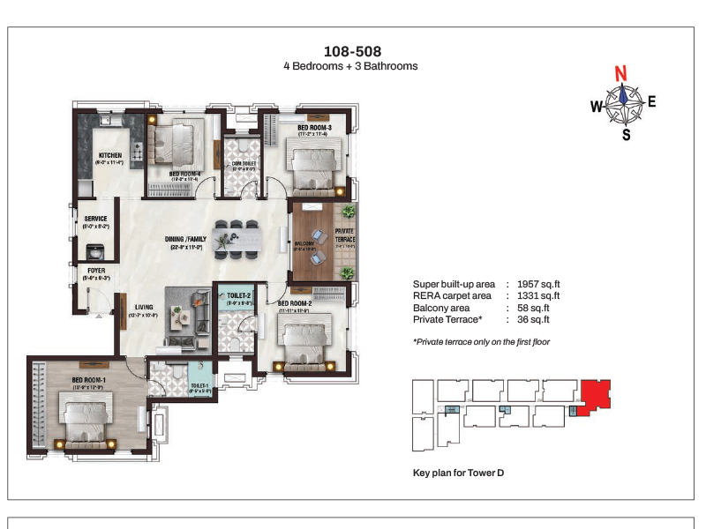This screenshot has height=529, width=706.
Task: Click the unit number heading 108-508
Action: tap(352, 51)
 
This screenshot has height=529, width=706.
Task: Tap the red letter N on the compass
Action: tap(621, 72)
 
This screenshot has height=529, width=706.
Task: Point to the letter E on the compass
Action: tap(652, 101)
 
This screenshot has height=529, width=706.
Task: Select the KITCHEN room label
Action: tap(110, 156)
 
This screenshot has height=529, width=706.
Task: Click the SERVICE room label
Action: tap(95, 219)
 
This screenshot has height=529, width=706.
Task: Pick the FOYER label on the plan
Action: tap(95, 271)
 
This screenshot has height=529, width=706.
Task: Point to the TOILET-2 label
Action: tap(238, 295)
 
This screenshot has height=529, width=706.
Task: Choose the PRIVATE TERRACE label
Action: tap(344, 234)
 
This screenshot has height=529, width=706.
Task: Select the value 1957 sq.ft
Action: tap(536, 285)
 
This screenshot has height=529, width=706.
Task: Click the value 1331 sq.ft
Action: tap(536, 296)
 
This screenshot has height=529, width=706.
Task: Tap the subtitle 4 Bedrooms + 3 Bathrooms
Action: tap(350, 66)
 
